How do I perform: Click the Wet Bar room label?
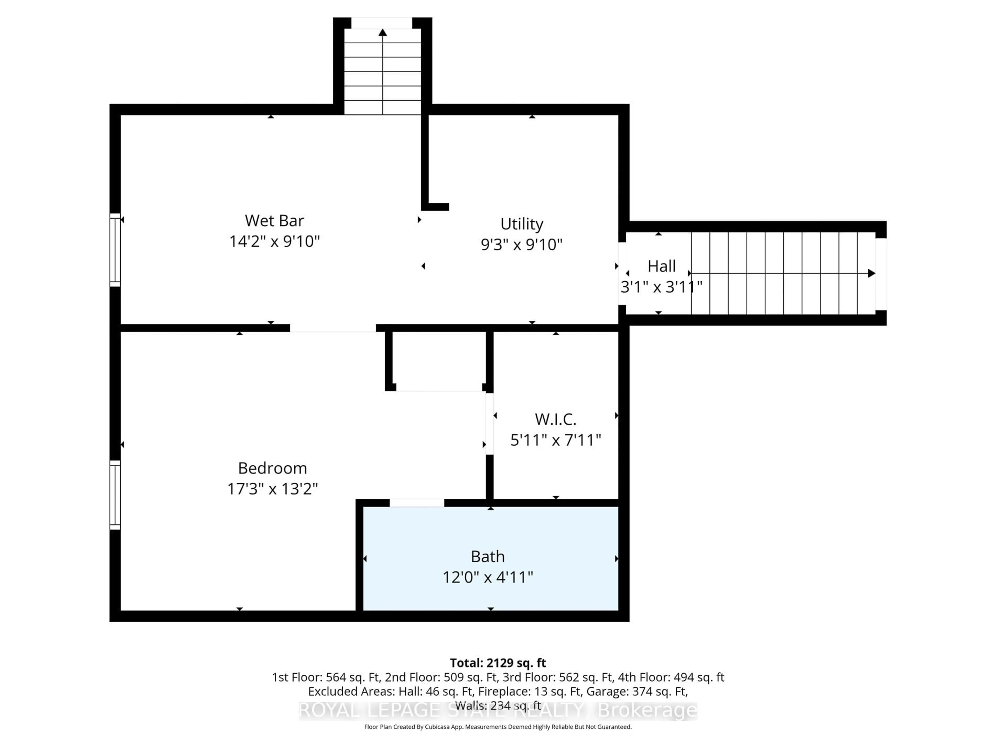tap(274, 221)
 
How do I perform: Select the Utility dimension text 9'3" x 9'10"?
tap(521, 245)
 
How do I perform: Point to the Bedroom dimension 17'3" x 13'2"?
tap(272, 489)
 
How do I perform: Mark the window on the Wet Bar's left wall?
tap(115, 250)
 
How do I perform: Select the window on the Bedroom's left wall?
tap(115, 494)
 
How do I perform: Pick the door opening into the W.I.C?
tap(489, 424)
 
